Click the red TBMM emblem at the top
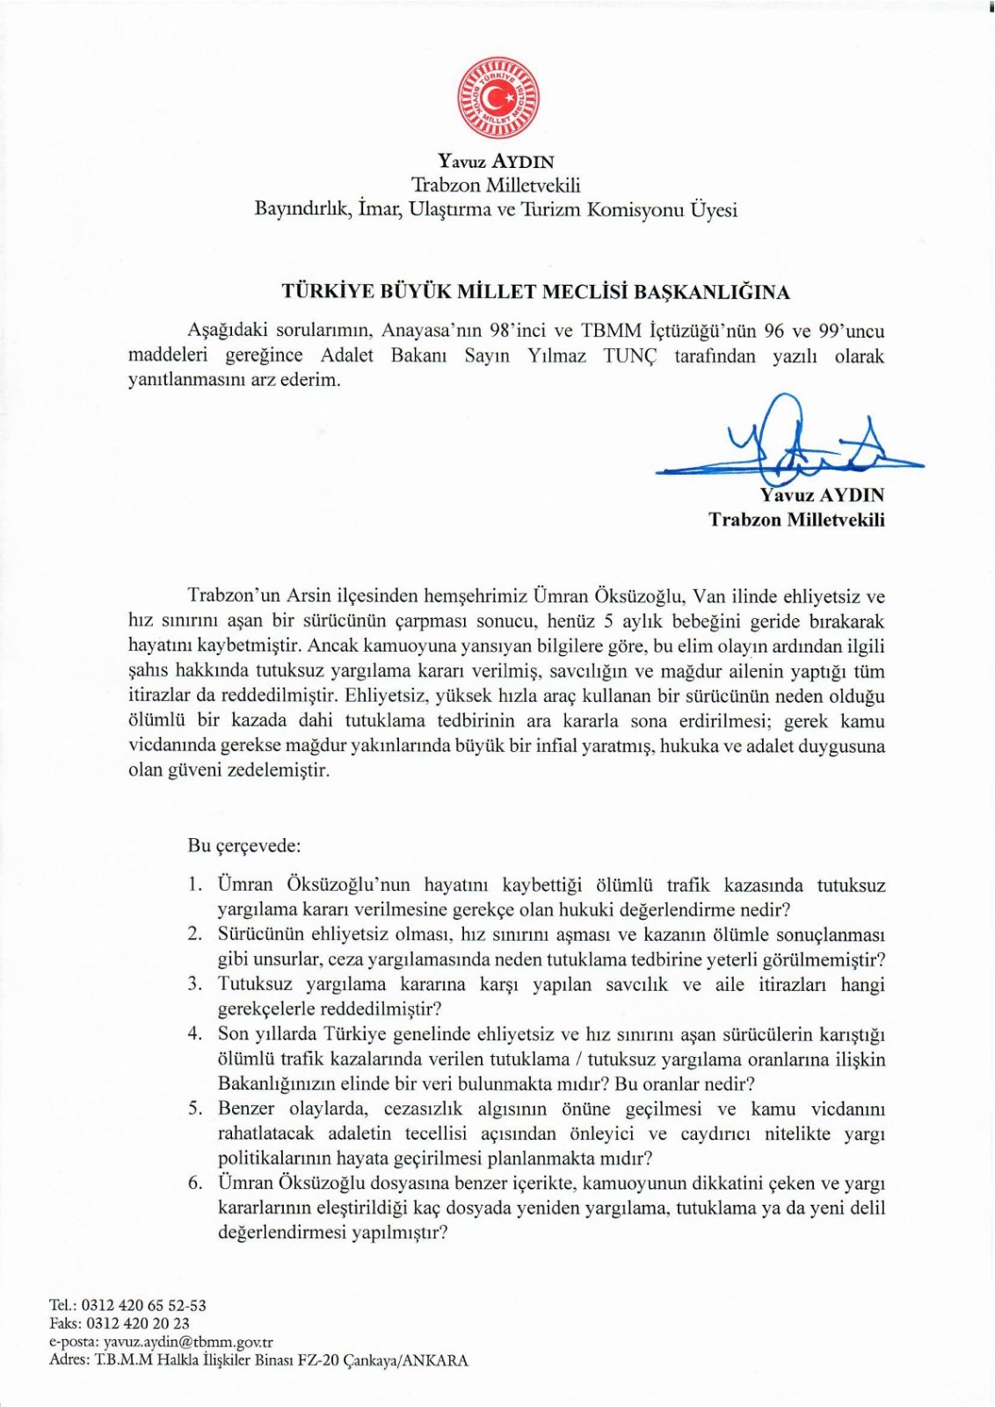(497, 97)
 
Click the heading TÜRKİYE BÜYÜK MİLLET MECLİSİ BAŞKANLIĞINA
(535, 292)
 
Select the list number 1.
(194, 885)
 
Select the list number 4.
(194, 1034)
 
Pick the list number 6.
(194, 1183)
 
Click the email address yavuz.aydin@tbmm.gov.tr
(188, 1343)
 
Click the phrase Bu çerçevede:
(244, 847)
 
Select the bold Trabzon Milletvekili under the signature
(796, 520)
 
